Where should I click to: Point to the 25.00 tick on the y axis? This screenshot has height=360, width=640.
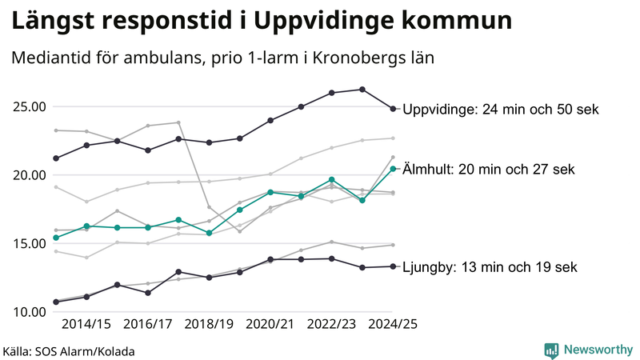tap(27, 107)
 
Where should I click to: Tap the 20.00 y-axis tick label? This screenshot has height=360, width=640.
tap(27, 175)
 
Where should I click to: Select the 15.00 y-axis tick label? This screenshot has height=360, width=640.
tap(27, 243)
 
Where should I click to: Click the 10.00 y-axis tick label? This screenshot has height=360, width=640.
tap(27, 311)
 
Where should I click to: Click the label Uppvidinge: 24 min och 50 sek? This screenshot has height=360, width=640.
tap(501, 110)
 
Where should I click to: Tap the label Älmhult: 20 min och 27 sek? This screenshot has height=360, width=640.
tap(488, 169)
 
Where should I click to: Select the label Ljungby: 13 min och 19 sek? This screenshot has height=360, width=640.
tap(489, 267)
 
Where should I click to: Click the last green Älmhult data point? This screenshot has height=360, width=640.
tap(393, 169)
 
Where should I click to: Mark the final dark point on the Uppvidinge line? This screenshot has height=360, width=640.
tap(393, 109)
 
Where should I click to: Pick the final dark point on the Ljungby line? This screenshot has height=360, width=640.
tap(393, 266)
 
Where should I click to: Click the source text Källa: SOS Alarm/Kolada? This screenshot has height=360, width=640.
tap(68, 350)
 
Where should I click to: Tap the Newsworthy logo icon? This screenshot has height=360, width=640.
tap(551, 350)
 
